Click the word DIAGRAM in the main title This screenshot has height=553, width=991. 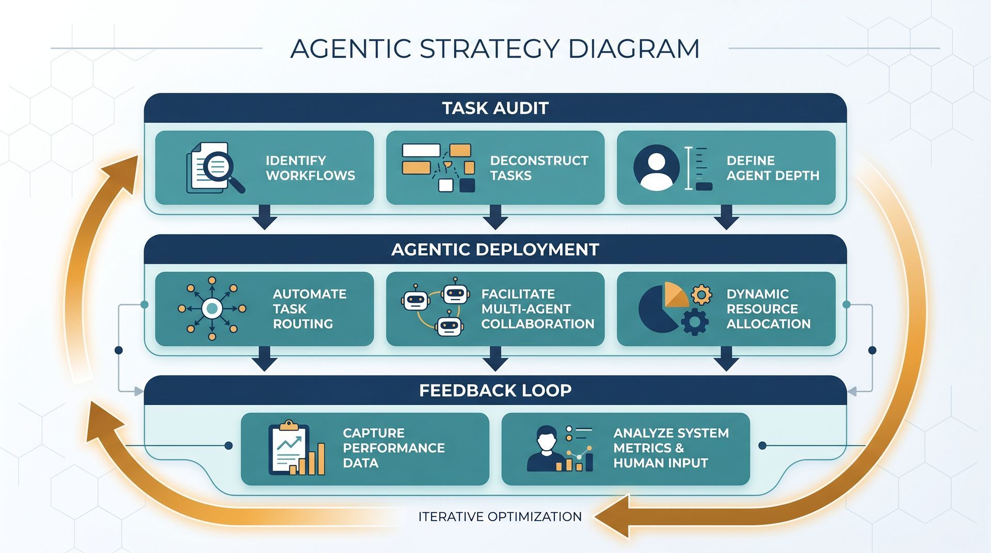[633, 49]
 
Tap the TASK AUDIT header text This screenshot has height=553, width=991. [495, 108]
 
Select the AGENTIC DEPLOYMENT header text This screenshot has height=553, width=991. [495, 250]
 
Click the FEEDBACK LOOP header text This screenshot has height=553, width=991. [495, 391]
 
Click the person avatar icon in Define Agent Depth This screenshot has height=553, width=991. [656, 168]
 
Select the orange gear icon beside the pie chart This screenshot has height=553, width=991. [701, 295]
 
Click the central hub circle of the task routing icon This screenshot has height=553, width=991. [212, 308]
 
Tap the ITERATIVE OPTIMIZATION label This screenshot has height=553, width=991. [500, 516]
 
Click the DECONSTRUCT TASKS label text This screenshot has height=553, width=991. [538, 168]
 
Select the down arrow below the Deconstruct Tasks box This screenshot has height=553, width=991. [495, 217]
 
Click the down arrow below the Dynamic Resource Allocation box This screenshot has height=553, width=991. [726, 359]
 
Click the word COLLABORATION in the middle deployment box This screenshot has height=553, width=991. [537, 324]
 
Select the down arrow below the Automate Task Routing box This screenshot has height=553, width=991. [264, 359]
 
